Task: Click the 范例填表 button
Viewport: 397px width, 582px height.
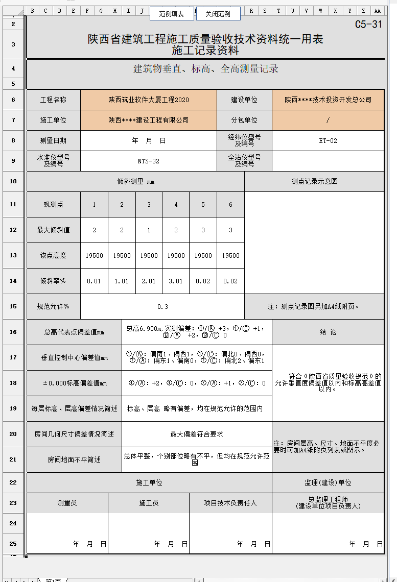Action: [172, 14]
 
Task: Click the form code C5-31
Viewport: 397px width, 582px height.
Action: [368, 24]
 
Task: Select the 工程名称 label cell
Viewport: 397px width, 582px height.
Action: [53, 100]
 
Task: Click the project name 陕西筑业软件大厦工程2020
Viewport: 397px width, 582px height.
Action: [149, 100]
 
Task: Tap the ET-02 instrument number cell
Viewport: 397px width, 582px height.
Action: [328, 141]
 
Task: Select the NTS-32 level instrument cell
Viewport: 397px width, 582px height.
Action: [149, 161]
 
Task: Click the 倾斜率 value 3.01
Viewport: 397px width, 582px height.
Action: [176, 281]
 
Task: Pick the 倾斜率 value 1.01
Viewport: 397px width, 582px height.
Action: [122, 281]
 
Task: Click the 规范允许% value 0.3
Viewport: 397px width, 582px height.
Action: [162, 307]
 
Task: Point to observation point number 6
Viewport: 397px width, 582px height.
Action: [230, 205]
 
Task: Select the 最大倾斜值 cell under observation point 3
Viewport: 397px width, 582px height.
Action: [149, 230]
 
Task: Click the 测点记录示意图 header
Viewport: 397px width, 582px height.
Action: [314, 181]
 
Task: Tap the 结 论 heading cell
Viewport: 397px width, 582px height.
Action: [328, 332]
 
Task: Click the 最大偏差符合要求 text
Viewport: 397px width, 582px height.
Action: [197, 434]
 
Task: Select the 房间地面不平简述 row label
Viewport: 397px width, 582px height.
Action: [74, 460]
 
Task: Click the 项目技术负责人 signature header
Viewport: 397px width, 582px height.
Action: [230, 503]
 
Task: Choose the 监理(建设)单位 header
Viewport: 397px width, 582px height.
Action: [328, 482]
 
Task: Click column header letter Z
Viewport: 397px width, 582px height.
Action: [363, 11]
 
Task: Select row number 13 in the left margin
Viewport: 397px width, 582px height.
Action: [13, 255]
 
